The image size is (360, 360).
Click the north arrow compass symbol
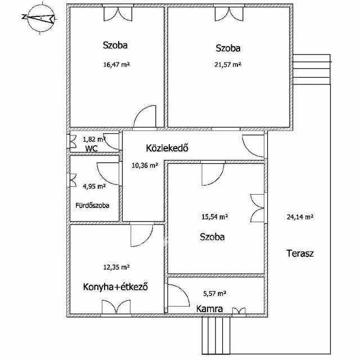click(x=40, y=18)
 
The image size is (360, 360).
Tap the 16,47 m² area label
click(x=116, y=65)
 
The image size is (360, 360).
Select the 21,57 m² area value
click(x=228, y=65)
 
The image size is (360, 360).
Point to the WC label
click(x=91, y=148)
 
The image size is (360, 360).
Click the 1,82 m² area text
click(x=94, y=139)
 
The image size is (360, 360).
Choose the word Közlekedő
click(x=167, y=148)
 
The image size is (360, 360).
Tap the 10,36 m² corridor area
click(x=145, y=165)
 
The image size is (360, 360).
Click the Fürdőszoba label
click(x=92, y=205)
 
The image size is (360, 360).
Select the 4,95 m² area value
click(x=94, y=186)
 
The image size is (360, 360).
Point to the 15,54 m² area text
click(x=215, y=217)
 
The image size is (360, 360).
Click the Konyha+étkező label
click(x=115, y=287)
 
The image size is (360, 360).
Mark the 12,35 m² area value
click(x=116, y=267)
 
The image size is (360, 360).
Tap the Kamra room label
click(x=209, y=309)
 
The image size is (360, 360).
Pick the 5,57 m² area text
click(x=215, y=294)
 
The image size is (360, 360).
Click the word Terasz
click(x=300, y=253)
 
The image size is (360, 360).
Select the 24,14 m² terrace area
click(x=300, y=217)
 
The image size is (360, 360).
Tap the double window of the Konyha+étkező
click(x=116, y=307)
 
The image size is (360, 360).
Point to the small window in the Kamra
click(x=238, y=311)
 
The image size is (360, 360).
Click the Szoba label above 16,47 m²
click(x=115, y=45)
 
